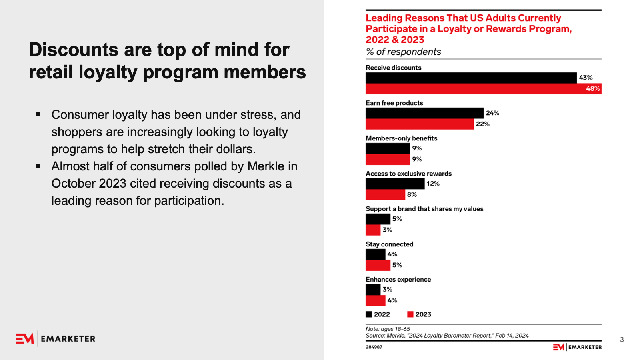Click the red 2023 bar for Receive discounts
pyautogui.click(x=472, y=89)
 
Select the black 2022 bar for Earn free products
pyautogui.click(x=424, y=113)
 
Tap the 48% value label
pyautogui.click(x=593, y=89)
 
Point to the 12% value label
pyautogui.click(x=433, y=184)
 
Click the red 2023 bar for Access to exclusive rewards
pyautogui.click(x=385, y=195)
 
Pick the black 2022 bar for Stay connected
pyautogui.click(x=375, y=254)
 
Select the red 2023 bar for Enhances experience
pyautogui.click(x=375, y=300)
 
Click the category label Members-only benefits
pyautogui.click(x=401, y=138)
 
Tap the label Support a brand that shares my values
pyautogui.click(x=424, y=209)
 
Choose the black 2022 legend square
pyautogui.click(x=369, y=314)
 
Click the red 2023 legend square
pyautogui.click(x=410, y=314)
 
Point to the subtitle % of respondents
pyautogui.click(x=403, y=52)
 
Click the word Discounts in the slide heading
pyautogui.click(x=74, y=50)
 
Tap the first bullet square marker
pyautogui.click(x=38, y=115)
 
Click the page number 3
pyautogui.click(x=622, y=340)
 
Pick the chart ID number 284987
pyautogui.click(x=374, y=347)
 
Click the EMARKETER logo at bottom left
pyautogui.click(x=56, y=339)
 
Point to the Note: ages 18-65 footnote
pyautogui.click(x=388, y=329)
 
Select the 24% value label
pyautogui.click(x=492, y=113)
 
